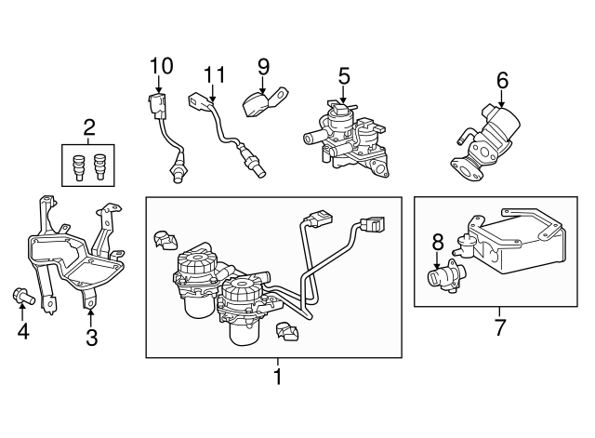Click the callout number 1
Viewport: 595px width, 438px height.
tap(275, 378)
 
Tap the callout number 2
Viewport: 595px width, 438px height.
tap(90, 127)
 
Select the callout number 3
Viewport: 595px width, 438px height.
tap(91, 338)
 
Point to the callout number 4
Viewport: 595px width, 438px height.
tap(22, 330)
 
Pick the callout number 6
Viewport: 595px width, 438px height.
tap(503, 81)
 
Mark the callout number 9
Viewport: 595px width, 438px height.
tap(263, 67)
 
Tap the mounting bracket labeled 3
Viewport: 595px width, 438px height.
tap(74, 251)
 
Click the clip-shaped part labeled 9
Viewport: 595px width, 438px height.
tap(260, 102)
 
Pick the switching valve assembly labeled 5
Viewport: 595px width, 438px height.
tap(349, 139)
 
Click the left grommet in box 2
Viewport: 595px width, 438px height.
tap(79, 165)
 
